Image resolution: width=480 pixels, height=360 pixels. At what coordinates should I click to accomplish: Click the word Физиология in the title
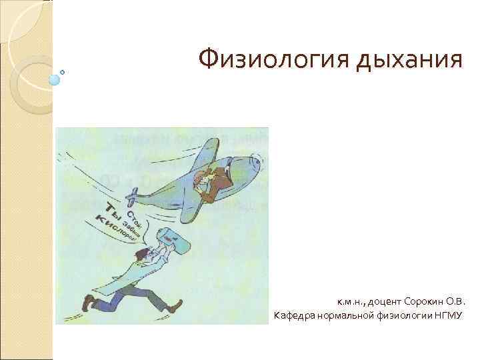point(275,61)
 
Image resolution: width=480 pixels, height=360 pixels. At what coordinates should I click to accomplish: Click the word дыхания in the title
point(410,61)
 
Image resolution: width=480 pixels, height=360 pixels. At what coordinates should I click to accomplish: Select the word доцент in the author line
point(381,301)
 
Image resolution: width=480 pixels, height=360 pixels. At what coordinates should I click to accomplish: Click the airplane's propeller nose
point(257,163)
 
